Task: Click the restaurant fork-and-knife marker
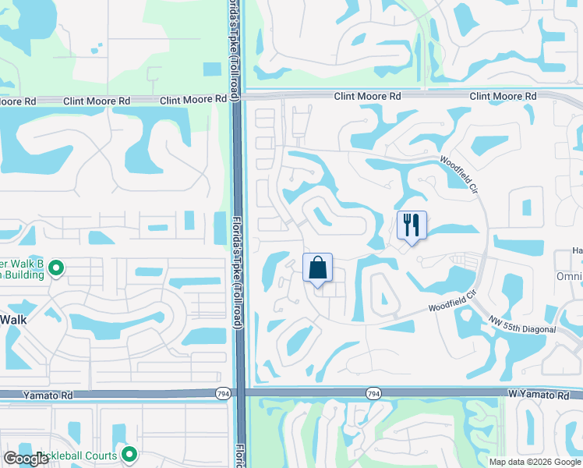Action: (x=412, y=225)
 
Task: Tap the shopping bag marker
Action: (x=317, y=268)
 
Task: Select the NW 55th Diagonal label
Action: (x=523, y=324)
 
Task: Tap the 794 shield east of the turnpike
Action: (x=373, y=395)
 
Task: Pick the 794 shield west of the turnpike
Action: (x=223, y=395)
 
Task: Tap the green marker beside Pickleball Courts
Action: (x=129, y=454)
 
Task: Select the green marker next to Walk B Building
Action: (x=55, y=269)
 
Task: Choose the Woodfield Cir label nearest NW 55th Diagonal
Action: (x=451, y=303)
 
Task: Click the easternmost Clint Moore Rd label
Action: (x=503, y=96)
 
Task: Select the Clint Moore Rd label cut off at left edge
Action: (x=18, y=101)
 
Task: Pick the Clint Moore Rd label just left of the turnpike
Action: (x=193, y=101)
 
